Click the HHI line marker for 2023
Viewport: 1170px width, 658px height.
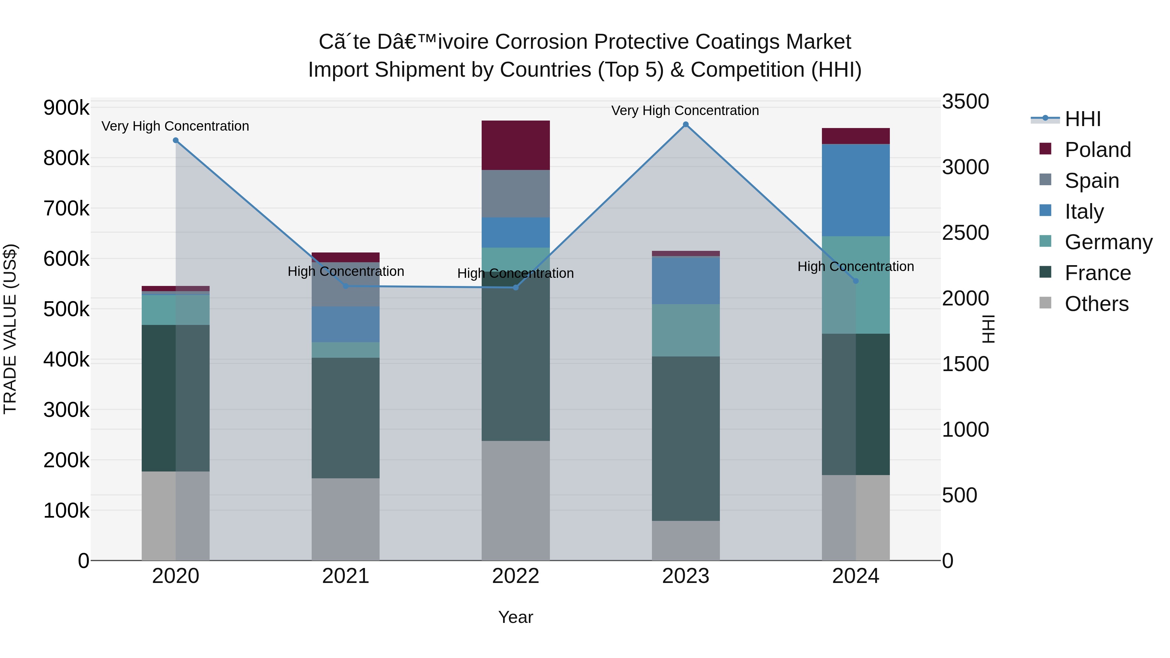pyautogui.click(x=685, y=124)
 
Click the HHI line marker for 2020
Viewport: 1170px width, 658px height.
pyautogui.click(x=176, y=140)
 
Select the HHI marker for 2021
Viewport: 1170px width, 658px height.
pyautogui.click(x=346, y=286)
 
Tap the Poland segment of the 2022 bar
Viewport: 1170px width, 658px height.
pyautogui.click(x=515, y=145)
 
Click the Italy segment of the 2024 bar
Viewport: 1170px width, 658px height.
pyautogui.click(x=855, y=190)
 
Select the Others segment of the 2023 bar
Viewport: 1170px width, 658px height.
pyautogui.click(x=685, y=540)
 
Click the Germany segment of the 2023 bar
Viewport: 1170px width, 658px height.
pyautogui.click(x=685, y=330)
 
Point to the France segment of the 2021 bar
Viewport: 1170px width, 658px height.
pyautogui.click(x=346, y=418)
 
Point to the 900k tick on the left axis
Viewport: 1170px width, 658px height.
pyautogui.click(x=66, y=108)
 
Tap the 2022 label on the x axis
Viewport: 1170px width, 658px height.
pyautogui.click(x=515, y=576)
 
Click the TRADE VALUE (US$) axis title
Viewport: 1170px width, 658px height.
pyautogui.click(x=10, y=329)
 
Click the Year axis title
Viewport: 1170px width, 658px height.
pyautogui.click(x=515, y=617)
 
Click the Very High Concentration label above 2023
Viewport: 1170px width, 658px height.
pyautogui.click(x=685, y=110)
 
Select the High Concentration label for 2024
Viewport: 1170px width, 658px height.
pyautogui.click(x=855, y=266)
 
